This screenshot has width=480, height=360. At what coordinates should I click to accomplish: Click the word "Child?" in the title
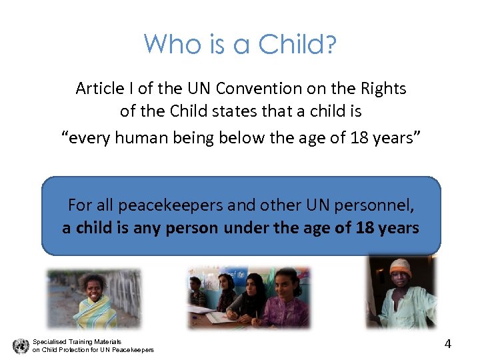[297, 45]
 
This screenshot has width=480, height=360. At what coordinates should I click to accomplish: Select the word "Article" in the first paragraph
[100, 88]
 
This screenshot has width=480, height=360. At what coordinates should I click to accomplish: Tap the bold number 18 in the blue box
[365, 228]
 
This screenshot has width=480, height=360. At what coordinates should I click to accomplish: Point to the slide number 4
[448, 344]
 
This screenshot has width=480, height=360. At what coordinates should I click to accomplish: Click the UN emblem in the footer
[21, 345]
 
